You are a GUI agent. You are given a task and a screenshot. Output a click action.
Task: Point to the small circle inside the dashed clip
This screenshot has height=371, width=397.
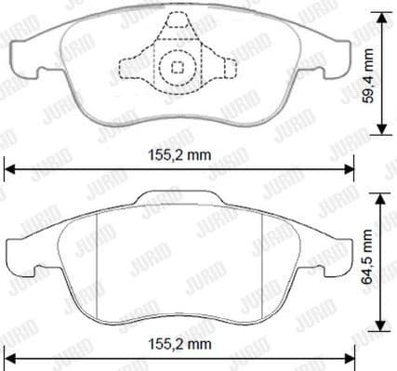coord(178,66)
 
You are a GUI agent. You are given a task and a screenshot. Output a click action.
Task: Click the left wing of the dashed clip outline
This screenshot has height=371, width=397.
coord(130,68)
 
